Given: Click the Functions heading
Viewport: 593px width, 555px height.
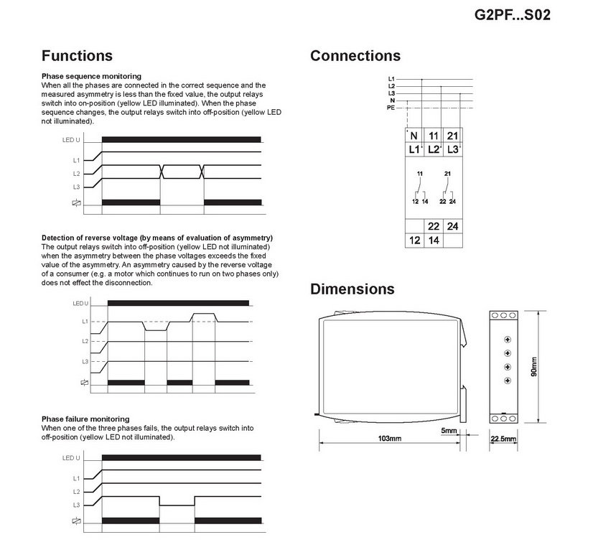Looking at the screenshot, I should coord(77,56).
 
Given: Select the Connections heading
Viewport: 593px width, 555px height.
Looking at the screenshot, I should coord(355,56).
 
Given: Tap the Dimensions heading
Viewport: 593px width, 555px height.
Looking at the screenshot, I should coord(352,289).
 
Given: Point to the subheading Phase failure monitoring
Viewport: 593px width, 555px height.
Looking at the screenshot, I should coord(85,419).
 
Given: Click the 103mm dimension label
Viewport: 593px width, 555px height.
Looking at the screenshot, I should coord(389,438).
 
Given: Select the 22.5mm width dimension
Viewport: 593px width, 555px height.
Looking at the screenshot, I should coord(504,438).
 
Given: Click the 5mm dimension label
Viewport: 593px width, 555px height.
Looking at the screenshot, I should coord(449,431).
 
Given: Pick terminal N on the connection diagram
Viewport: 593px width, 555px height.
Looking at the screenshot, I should coord(414,136).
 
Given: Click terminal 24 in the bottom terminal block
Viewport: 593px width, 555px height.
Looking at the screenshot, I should coord(452,227).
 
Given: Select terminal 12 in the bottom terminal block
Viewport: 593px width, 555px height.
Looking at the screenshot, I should coord(415,241).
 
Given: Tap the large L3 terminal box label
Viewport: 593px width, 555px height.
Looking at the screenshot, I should coord(452,149).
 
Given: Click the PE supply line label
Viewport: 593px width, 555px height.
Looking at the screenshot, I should coord(391,107).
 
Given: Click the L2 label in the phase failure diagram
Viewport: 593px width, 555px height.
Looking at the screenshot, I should coord(76,492).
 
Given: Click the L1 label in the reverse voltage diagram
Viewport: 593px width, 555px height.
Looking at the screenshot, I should coord(85,321).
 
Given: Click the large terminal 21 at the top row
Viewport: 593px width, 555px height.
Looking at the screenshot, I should coord(452,136).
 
